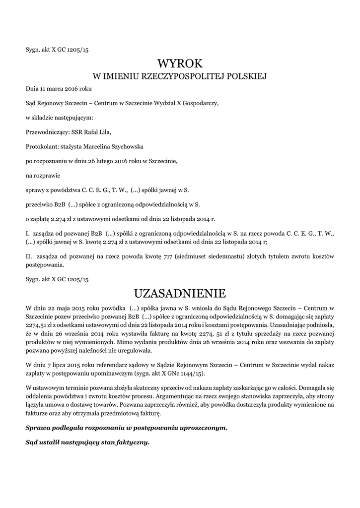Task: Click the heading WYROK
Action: click(180, 63)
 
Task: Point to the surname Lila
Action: click(105, 132)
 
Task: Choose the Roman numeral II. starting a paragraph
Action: click(29, 256)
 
